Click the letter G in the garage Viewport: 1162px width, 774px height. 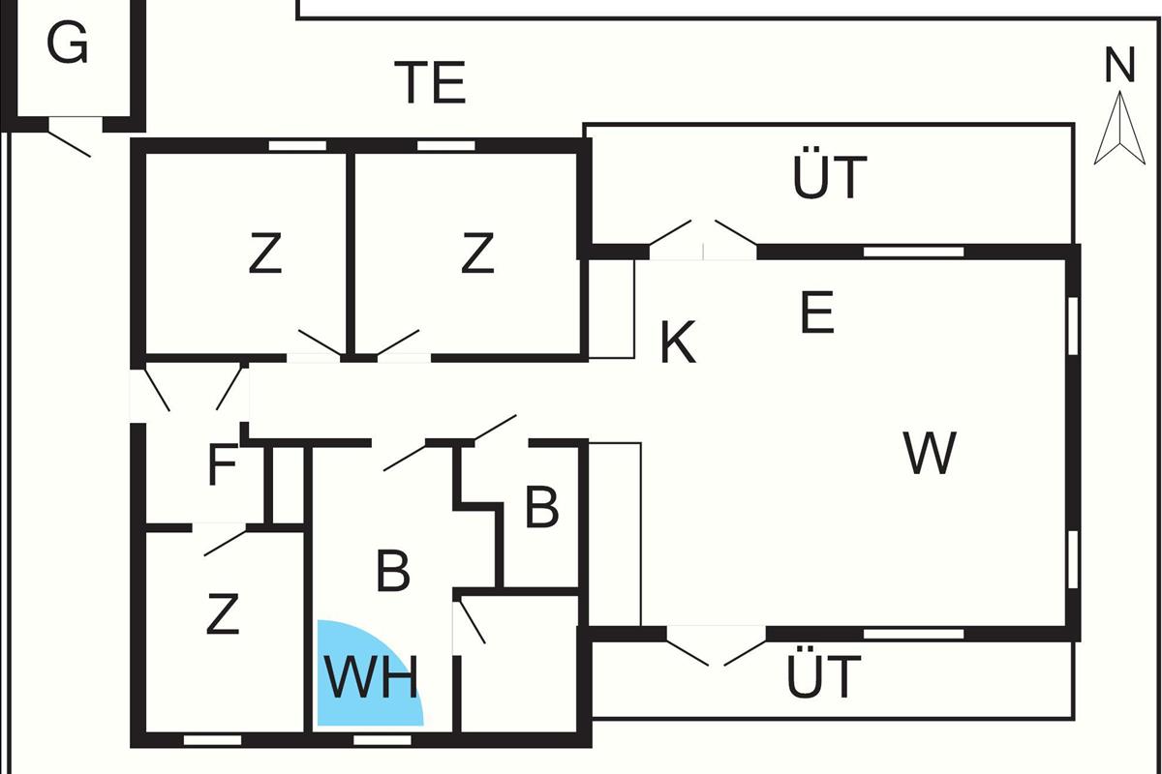pyautogui.click(x=68, y=44)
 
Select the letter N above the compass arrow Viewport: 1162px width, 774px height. pyautogui.click(x=1119, y=66)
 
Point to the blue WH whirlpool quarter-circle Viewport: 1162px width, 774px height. pyautogui.click(x=363, y=677)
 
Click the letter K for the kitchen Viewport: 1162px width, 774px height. pyautogui.click(x=678, y=342)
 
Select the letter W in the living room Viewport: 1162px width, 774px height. pyautogui.click(x=930, y=453)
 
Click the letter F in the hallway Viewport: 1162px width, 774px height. pyautogui.click(x=223, y=467)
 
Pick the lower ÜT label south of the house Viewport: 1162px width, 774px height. pyautogui.click(x=823, y=677)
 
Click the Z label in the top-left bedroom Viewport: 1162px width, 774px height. pyautogui.click(x=264, y=255)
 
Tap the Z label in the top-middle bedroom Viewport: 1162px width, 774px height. pyautogui.click(x=477, y=255)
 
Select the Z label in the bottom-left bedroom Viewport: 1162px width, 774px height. pyautogui.click(x=223, y=615)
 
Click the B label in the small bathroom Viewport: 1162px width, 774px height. pyautogui.click(x=541, y=508)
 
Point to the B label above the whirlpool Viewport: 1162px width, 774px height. pyautogui.click(x=392, y=572)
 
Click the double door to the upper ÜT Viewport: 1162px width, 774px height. pyautogui.click(x=703, y=241)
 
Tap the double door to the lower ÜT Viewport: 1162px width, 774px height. pyautogui.click(x=717, y=647)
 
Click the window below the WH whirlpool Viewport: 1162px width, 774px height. pyautogui.click(x=382, y=740)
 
